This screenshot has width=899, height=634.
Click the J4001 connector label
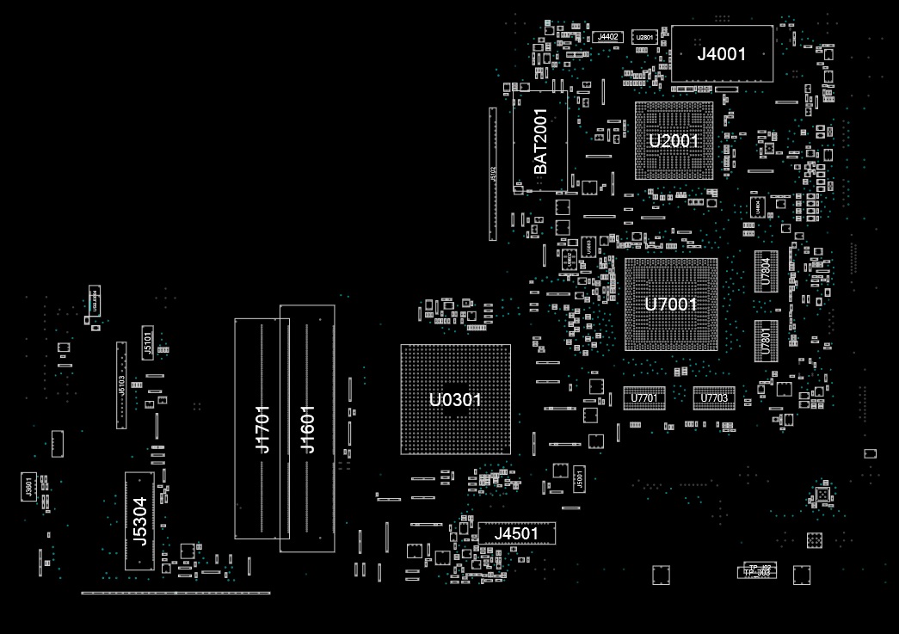[721, 54]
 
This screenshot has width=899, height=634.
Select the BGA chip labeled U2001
[674, 140]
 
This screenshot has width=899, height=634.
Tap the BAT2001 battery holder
[540, 142]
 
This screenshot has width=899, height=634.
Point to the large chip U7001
[671, 304]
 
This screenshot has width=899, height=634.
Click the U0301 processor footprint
[455, 399]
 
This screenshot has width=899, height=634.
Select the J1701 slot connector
[262, 428]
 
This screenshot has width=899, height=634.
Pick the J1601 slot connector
[307, 428]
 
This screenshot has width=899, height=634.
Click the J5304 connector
[139, 521]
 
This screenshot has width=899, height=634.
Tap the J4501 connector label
[516, 533]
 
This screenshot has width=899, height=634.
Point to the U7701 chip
[643, 398]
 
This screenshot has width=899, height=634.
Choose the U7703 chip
[714, 398]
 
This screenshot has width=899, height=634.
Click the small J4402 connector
[608, 37]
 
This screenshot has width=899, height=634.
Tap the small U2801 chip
[644, 38]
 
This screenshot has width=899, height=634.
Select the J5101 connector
[147, 341]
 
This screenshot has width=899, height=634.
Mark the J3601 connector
[28, 487]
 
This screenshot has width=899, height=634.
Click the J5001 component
[579, 478]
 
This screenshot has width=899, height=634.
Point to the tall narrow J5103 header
[121, 385]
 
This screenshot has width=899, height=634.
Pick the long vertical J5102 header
[493, 175]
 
